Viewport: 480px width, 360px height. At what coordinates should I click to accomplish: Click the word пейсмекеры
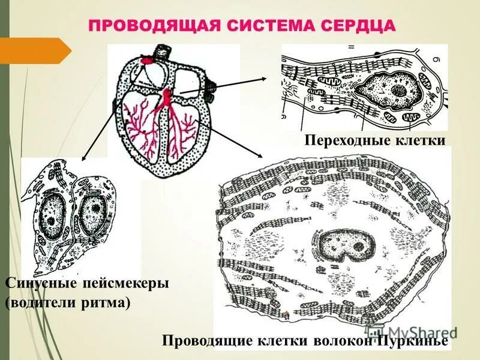click(126, 282)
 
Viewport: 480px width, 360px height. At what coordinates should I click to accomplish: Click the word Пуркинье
click(413, 341)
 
